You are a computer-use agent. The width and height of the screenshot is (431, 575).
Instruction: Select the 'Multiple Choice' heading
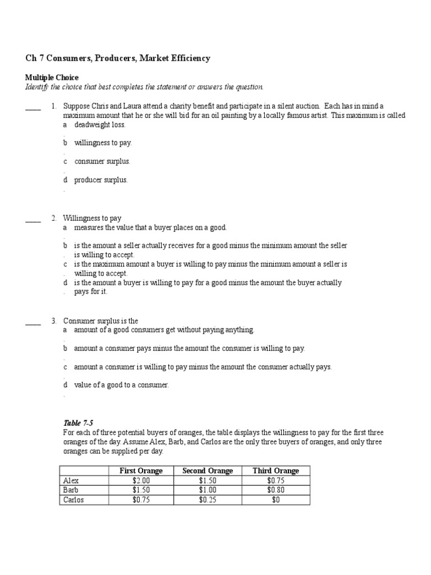(x=52, y=77)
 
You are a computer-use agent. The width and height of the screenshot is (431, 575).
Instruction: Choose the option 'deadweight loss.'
(x=99, y=125)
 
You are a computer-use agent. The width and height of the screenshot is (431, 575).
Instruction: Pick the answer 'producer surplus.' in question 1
(x=100, y=180)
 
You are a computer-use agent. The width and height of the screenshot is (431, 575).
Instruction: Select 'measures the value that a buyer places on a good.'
(x=150, y=227)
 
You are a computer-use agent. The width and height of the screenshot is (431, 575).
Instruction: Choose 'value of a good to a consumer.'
(x=121, y=385)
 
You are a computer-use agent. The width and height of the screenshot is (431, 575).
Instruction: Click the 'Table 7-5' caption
(x=75, y=423)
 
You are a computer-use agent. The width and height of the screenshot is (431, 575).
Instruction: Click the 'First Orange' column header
(x=141, y=471)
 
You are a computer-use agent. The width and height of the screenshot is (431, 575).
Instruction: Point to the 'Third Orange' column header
(x=276, y=471)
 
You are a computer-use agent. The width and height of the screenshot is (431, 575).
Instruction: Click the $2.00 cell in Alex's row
(x=141, y=481)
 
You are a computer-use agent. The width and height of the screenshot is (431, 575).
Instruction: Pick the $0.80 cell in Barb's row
(x=276, y=490)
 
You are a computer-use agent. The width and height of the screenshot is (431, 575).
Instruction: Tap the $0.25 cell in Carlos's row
(x=208, y=500)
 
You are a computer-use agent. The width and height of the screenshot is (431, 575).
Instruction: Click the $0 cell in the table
(x=276, y=500)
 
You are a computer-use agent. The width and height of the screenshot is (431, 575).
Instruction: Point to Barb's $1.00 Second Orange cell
(x=208, y=490)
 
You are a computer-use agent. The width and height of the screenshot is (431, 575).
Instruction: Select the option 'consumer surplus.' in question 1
(x=102, y=161)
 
